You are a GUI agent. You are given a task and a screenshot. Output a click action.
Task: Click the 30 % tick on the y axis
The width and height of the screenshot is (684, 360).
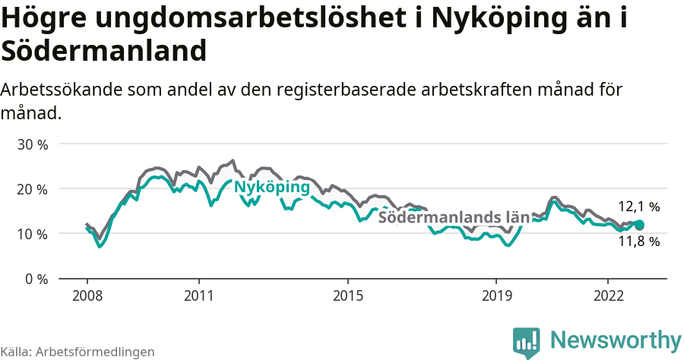33,144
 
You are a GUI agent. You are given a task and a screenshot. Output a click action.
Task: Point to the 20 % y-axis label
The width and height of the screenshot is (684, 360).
33,189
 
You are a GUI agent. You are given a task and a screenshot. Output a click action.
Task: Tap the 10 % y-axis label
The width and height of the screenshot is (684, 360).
33,234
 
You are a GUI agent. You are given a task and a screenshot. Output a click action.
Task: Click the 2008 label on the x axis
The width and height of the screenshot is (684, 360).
87,295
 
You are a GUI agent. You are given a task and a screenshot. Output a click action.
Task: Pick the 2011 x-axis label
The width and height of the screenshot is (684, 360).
198,295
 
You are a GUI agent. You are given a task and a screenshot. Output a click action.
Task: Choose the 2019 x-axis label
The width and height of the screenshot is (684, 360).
496,295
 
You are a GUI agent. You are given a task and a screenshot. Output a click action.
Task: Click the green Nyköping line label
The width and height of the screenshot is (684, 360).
271,188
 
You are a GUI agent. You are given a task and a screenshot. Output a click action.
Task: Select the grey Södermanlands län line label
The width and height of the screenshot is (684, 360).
453,217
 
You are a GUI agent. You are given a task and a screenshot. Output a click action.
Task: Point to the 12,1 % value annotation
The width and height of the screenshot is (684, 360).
638,207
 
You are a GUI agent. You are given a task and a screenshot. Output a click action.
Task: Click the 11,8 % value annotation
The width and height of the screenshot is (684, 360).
638,242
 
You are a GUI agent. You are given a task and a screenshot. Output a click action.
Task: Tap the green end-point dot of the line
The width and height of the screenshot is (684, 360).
639,225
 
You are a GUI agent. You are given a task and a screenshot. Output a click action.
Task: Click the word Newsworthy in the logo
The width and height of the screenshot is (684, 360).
615,339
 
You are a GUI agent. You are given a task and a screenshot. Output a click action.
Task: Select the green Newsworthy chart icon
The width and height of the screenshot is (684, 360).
527,343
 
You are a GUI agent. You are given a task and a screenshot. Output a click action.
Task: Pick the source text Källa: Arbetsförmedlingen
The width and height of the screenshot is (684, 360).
78,352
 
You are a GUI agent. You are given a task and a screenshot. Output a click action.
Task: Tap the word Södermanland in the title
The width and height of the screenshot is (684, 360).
104,52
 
